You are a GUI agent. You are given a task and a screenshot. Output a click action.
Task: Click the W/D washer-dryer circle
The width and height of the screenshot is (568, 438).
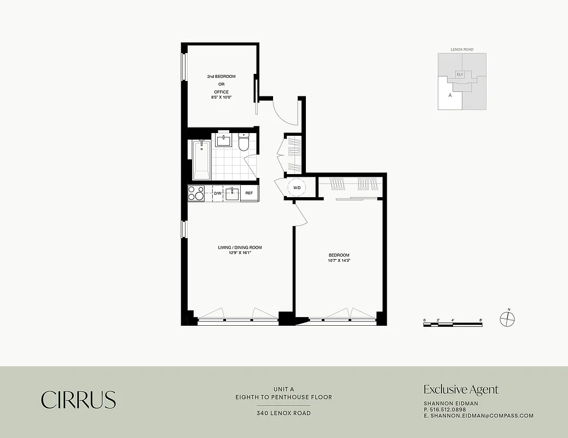pyautogui.click(x=297, y=188)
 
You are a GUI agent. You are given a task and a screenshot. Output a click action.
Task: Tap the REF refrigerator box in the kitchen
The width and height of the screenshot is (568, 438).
pyautogui.click(x=249, y=193)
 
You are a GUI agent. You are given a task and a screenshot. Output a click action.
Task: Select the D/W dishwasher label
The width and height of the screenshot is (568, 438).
pyautogui.click(x=217, y=193)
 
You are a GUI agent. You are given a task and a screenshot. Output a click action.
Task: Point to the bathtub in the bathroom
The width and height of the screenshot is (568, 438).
pyautogui.click(x=201, y=159)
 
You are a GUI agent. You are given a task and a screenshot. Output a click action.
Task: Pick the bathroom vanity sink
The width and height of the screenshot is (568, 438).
pyautogui.click(x=223, y=141)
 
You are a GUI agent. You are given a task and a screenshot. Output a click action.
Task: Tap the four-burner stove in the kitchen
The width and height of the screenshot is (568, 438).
pyautogui.click(x=196, y=193)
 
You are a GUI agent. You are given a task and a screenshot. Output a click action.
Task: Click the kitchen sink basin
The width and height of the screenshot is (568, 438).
pyautogui.click(x=232, y=193)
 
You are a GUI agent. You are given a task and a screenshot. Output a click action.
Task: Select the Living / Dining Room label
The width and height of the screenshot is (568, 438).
pyautogui.click(x=240, y=247)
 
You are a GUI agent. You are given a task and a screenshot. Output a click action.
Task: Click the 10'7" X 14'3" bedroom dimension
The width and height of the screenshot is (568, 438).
pyautogui.click(x=339, y=261)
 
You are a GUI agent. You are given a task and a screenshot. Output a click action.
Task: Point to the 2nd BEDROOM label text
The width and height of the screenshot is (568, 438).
pyautogui.click(x=221, y=77)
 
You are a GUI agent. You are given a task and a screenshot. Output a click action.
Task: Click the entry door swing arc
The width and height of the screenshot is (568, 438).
pyautogui.click(x=285, y=112)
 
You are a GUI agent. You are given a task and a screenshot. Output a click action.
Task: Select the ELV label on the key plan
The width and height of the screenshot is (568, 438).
pyautogui.click(x=460, y=74)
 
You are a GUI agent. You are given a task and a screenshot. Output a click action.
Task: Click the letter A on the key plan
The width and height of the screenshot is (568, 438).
pyautogui.click(x=450, y=95)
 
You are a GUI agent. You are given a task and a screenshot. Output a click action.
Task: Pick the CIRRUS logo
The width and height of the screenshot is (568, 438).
pyautogui.click(x=78, y=400)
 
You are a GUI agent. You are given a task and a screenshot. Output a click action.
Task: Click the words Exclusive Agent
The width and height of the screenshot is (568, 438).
pyautogui.click(x=461, y=390)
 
